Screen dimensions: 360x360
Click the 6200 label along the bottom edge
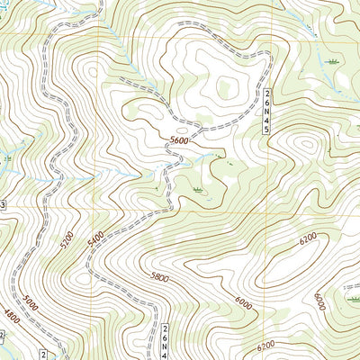point(265,346)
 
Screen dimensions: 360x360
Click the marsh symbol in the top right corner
point(334,61)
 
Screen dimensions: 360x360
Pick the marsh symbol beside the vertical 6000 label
point(348,289)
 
